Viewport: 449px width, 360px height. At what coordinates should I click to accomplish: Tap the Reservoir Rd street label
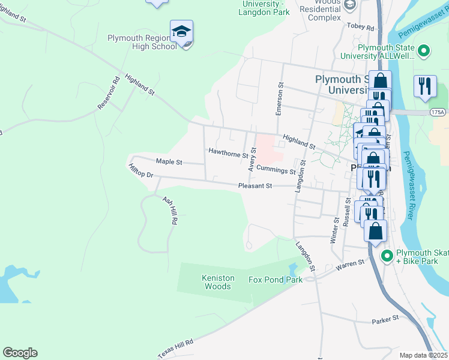109,93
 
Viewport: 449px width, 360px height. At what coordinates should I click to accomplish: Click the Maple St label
169,161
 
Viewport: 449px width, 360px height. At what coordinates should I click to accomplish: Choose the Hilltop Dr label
141,171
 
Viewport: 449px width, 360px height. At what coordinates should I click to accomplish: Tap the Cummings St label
276,170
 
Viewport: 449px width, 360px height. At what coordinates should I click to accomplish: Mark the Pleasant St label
255,186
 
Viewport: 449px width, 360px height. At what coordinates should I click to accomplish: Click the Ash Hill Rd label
170,210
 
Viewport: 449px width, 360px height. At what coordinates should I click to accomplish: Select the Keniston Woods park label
215,282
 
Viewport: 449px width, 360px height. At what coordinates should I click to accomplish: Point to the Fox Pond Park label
275,280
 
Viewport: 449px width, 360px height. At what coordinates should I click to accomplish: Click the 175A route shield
438,112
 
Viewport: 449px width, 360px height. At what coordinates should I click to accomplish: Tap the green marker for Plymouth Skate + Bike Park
387,255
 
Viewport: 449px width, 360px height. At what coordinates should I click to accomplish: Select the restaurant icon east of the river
424,86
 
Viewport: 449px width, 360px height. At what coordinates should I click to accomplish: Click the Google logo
20,353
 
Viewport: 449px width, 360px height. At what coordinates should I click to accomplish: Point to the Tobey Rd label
360,27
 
